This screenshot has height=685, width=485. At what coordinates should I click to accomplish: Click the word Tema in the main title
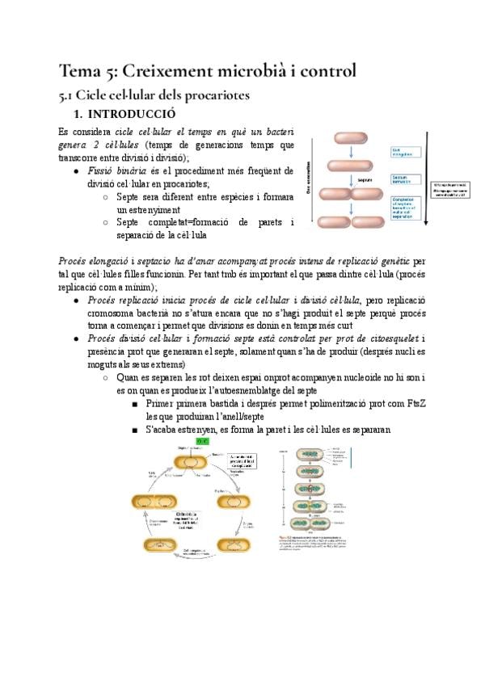click(x=83, y=70)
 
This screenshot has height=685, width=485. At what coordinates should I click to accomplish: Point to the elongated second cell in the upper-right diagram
click(x=348, y=166)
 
